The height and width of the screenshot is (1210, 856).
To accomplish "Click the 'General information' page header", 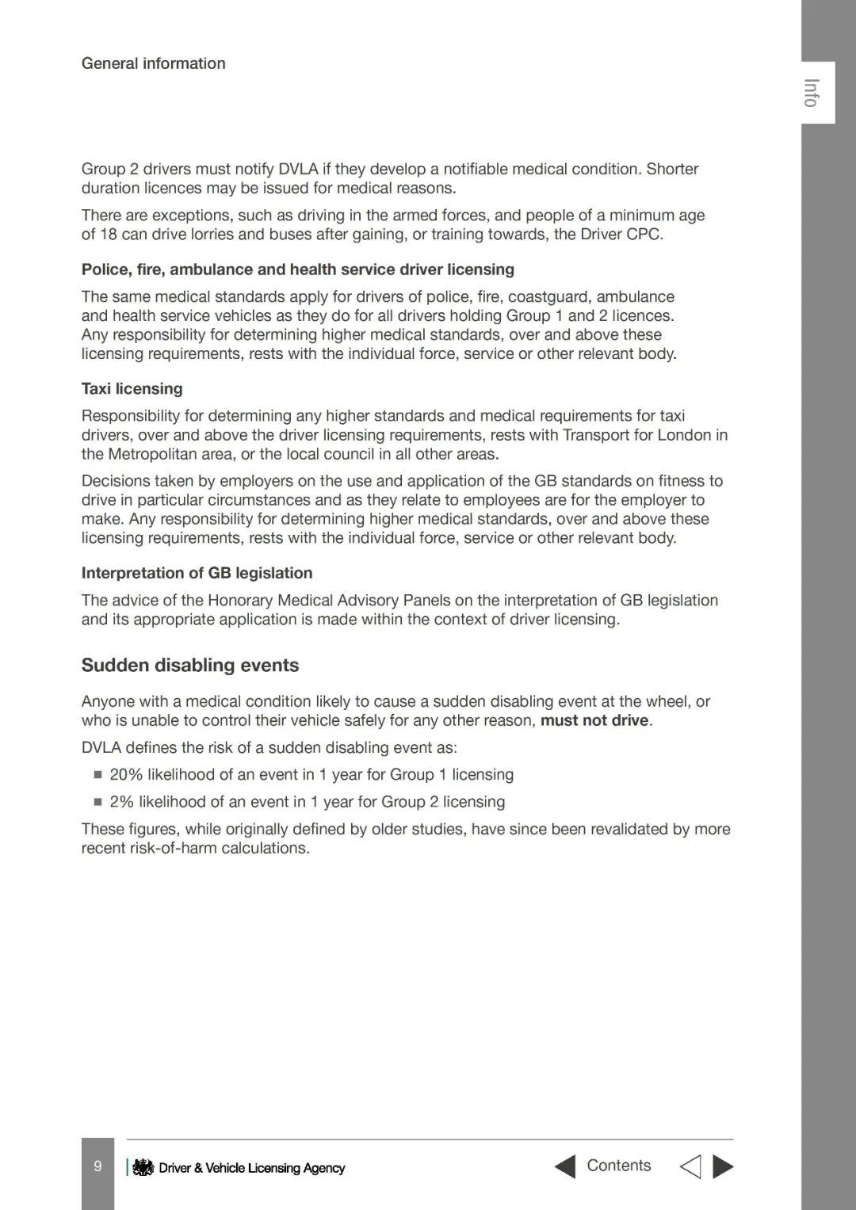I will pyautogui.click(x=153, y=63).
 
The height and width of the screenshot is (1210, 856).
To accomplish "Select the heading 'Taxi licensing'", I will pyautogui.click(x=132, y=388).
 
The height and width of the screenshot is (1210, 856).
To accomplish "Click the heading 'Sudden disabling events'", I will pyautogui.click(x=190, y=665).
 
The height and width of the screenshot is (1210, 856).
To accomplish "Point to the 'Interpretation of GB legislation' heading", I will pyautogui.click(x=197, y=573).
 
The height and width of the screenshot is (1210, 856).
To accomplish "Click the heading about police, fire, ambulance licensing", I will pyautogui.click(x=297, y=269).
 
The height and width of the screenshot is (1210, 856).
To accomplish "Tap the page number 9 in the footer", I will pyautogui.click(x=97, y=1166).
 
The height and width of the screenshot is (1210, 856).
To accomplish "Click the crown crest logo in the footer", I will pyautogui.click(x=143, y=1167).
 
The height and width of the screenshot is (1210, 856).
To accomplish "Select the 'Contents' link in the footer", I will pyautogui.click(x=618, y=1166).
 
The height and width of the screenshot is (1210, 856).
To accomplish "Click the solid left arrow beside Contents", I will pyautogui.click(x=564, y=1166).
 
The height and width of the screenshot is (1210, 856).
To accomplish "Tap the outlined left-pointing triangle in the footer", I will pyautogui.click(x=690, y=1166).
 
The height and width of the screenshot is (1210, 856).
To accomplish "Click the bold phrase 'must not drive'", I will pyautogui.click(x=594, y=720).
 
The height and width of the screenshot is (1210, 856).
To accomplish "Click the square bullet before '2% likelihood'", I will pyautogui.click(x=98, y=802).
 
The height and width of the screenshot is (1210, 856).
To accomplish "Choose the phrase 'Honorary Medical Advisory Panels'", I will pyautogui.click(x=318, y=600).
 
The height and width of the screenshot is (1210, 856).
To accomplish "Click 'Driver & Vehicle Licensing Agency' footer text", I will pyautogui.click(x=252, y=1168).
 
